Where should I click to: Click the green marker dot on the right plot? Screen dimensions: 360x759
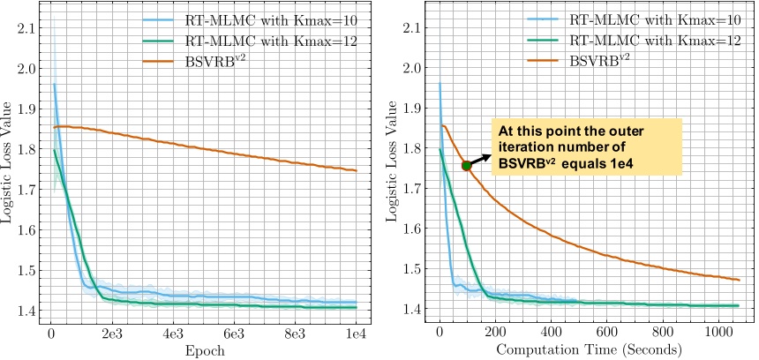coord(466,165)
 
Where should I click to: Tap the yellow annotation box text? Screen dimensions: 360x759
coord(586,146)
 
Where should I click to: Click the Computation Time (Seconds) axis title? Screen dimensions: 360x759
coord(588,350)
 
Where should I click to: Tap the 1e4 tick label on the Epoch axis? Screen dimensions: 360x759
coord(357,334)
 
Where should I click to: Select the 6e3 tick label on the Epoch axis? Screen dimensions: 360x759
coord(234,334)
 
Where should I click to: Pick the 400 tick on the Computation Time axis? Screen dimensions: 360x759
coord(551,334)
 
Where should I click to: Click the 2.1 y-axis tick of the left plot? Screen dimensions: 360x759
coord(25,28)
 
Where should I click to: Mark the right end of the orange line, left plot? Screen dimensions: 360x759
coord(357,171)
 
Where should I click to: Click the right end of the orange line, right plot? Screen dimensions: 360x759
coord(739,280)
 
